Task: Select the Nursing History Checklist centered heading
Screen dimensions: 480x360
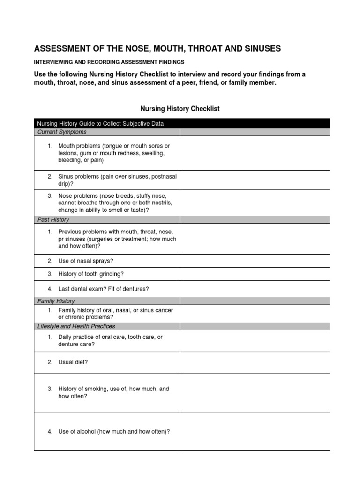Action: pyautogui.click(x=180, y=109)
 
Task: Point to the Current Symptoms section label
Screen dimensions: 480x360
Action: pyautogui.click(x=62, y=132)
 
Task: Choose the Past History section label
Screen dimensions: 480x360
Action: pyautogui.click(x=53, y=219)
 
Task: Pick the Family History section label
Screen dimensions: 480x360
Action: pyautogui.click(x=56, y=301)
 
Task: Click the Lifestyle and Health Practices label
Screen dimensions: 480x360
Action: pyautogui.click(x=76, y=326)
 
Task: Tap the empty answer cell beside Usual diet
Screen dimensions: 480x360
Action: pyautogui.click(x=255, y=362)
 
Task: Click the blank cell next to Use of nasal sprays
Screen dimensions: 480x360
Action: pyautogui.click(x=255, y=261)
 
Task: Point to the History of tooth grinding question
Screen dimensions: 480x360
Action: pyautogui.click(x=91, y=274)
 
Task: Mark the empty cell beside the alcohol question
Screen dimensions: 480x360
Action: pyautogui.click(x=255, y=431)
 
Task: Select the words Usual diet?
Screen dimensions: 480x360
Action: pyautogui.click(x=73, y=362)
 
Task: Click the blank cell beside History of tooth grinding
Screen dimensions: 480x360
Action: pyautogui.click(x=255, y=274)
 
